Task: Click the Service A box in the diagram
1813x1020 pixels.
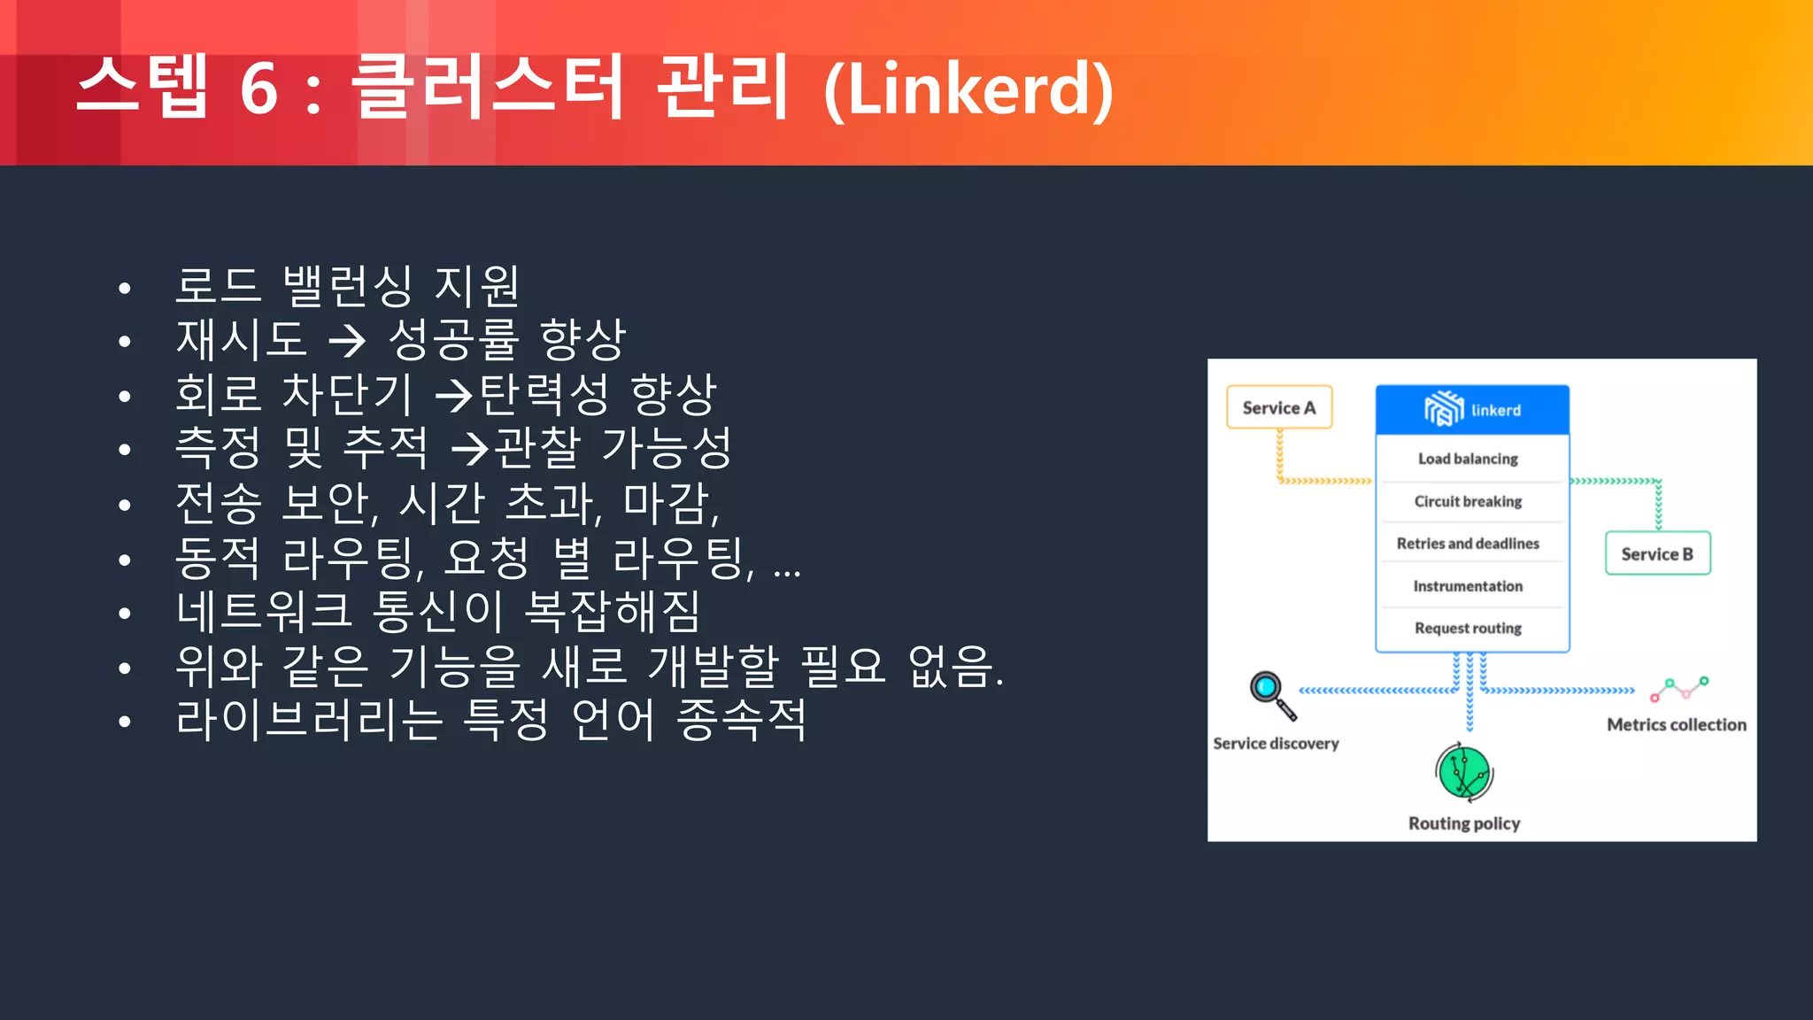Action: [1278, 407]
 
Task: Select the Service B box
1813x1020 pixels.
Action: [1657, 554]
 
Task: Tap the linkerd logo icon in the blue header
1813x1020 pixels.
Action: [1443, 409]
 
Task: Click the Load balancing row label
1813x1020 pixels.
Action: [1468, 459]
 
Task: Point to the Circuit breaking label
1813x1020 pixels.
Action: [1468, 501]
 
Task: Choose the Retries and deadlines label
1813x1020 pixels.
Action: [1468, 544]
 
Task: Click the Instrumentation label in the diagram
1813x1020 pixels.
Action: [1468, 586]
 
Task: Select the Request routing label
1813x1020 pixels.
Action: [1468, 628]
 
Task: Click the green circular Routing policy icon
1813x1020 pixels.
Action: [1464, 772]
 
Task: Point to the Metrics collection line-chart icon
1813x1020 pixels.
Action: [1679, 688]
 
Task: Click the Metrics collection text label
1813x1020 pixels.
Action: [1677, 725]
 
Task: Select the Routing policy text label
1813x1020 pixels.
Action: [1464, 823]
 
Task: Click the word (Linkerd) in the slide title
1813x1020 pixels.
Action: [968, 89]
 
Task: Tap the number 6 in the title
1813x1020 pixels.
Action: [258, 89]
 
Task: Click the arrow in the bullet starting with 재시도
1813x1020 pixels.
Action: [346, 341]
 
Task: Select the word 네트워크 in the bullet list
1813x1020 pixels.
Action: [264, 611]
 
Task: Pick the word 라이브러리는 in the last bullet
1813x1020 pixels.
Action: [309, 719]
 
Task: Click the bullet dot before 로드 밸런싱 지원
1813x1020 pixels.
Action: [125, 288]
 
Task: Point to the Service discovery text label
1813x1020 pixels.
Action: [1276, 744]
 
